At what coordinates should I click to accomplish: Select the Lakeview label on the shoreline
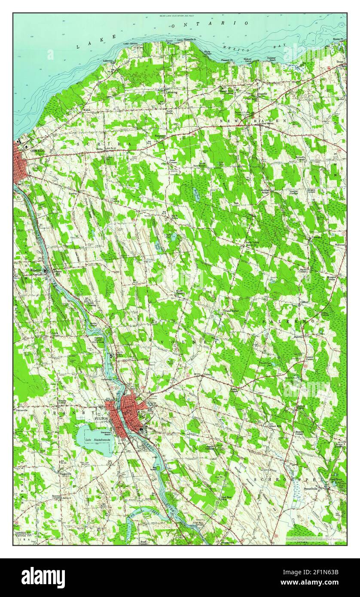[108, 61]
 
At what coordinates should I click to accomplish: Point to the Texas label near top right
[340, 62]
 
